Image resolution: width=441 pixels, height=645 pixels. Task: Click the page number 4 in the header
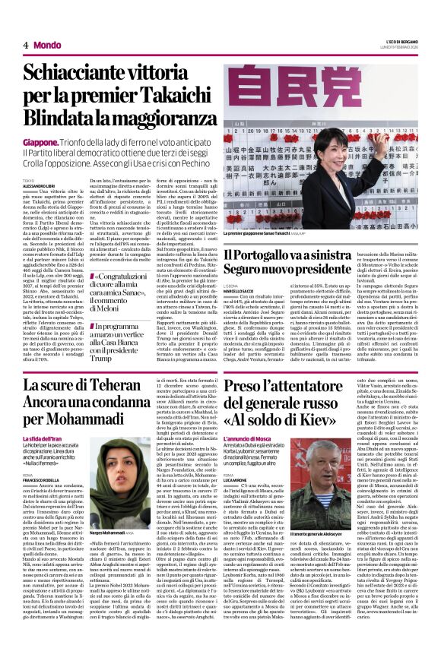25,46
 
